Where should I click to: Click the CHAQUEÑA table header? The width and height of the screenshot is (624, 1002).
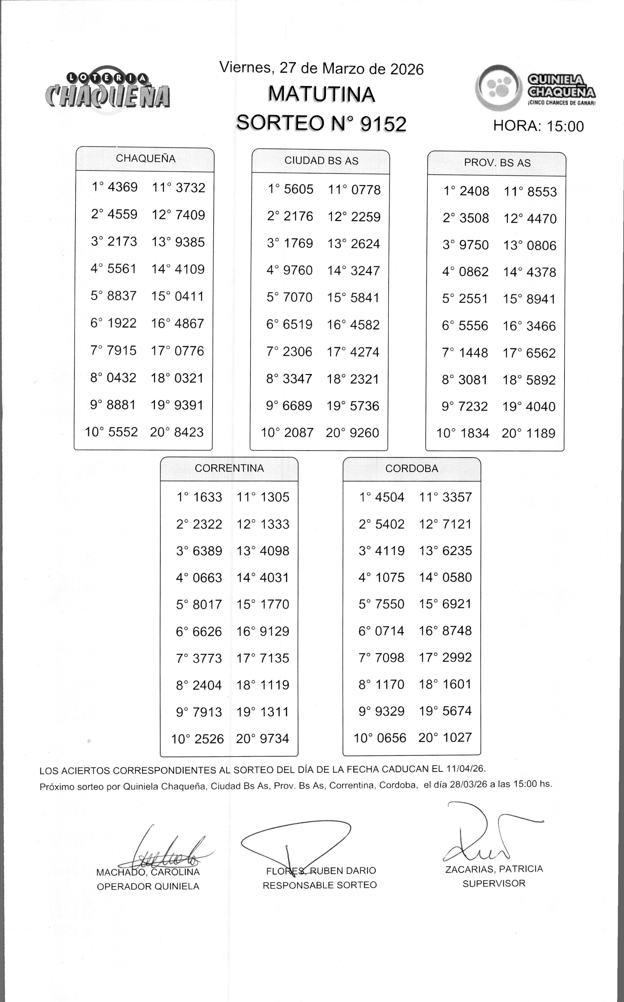(145, 159)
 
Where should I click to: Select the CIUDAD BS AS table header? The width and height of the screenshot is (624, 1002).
(321, 161)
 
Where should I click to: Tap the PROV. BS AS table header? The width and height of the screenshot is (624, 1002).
(497, 163)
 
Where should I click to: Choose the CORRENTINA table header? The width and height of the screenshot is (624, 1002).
(229, 468)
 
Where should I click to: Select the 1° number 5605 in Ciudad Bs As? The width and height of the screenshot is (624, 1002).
(298, 190)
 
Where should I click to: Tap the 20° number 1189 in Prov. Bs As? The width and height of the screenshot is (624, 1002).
(540, 434)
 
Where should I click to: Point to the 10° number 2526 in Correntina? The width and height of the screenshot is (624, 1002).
(208, 739)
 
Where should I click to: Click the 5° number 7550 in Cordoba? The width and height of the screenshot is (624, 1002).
(390, 604)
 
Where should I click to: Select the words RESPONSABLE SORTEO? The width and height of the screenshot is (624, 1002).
(319, 885)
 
